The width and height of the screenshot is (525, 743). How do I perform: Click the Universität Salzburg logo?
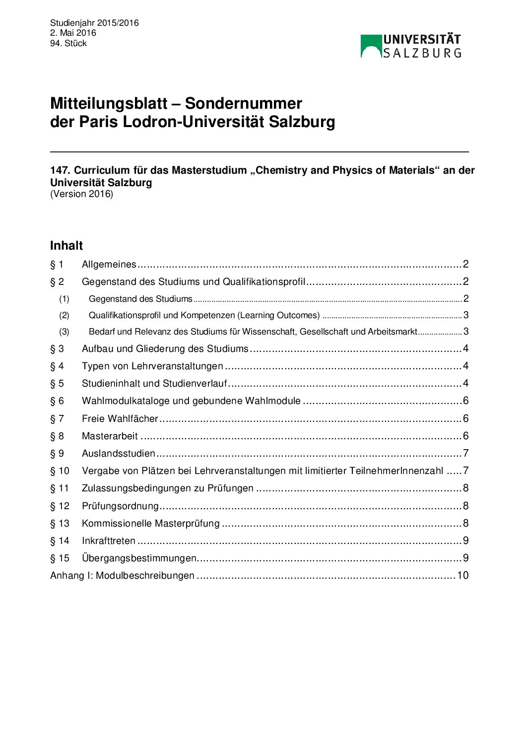(x=411, y=46)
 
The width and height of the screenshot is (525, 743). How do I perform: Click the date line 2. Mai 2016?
(x=73, y=33)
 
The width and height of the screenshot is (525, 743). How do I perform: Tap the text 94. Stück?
(x=68, y=43)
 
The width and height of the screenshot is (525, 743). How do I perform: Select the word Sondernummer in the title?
(x=243, y=103)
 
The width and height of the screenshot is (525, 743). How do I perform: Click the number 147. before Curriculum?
(x=60, y=170)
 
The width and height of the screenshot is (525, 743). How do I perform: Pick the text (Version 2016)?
(x=81, y=194)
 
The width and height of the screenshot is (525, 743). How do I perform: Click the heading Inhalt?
(x=66, y=246)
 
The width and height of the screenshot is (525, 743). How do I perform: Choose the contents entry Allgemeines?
(x=109, y=265)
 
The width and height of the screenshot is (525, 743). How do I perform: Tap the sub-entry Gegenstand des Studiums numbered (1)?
(x=140, y=299)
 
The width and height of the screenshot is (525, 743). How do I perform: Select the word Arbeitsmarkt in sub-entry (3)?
(x=392, y=332)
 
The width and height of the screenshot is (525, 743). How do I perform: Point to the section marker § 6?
(x=57, y=401)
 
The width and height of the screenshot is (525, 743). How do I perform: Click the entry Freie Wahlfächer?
(x=120, y=419)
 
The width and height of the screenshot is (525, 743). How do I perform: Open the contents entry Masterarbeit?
(x=110, y=436)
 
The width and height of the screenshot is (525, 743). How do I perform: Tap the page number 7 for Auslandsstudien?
(x=465, y=454)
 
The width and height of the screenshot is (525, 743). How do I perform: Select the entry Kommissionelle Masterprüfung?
(x=150, y=524)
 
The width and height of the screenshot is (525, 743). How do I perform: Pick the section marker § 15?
(x=60, y=558)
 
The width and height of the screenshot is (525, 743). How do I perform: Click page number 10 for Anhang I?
(x=462, y=576)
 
